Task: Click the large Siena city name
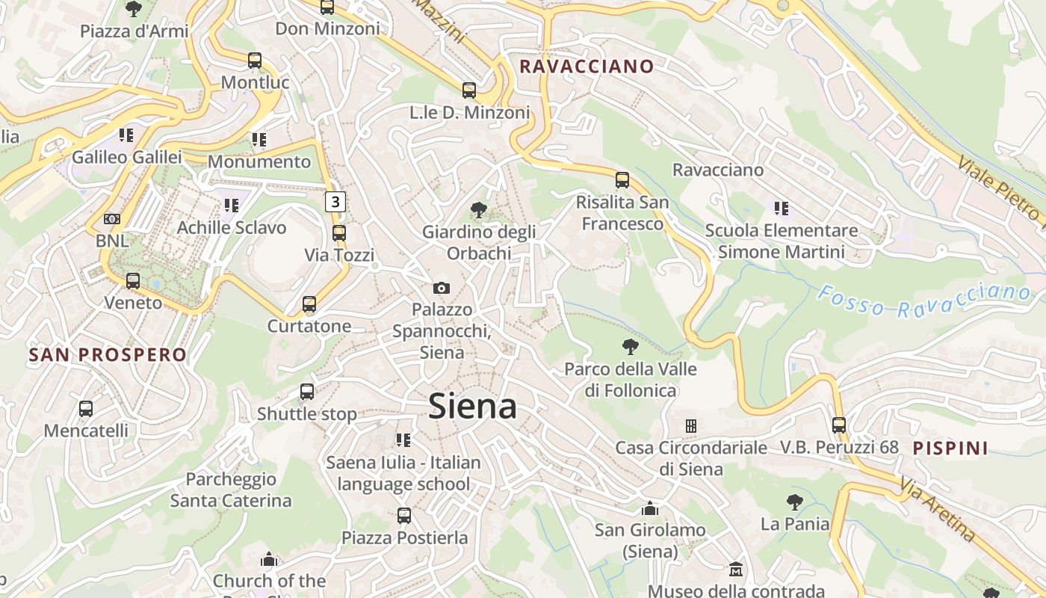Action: pyautogui.click(x=472, y=406)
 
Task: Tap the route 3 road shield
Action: pyautogui.click(x=335, y=201)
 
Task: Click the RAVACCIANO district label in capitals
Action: pyautogui.click(x=587, y=66)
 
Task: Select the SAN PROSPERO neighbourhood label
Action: pyautogui.click(x=108, y=354)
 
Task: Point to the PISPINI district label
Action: pyautogui.click(x=950, y=448)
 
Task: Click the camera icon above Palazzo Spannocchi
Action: pyautogui.click(x=442, y=288)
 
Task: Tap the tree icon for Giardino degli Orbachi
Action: pyautogui.click(x=478, y=210)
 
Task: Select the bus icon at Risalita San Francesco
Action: pyautogui.click(x=622, y=180)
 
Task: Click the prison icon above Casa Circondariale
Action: pyautogui.click(x=691, y=426)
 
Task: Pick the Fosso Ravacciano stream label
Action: pyautogui.click(x=924, y=300)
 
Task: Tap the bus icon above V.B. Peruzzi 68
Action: pyautogui.click(x=839, y=425)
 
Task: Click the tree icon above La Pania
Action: pyautogui.click(x=794, y=502)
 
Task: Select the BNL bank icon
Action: pyautogui.click(x=112, y=219)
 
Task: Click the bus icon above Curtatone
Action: pyautogui.click(x=309, y=304)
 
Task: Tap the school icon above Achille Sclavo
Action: pyautogui.click(x=231, y=206)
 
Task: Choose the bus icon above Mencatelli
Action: pyautogui.click(x=86, y=409)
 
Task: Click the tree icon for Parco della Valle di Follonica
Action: pyautogui.click(x=631, y=347)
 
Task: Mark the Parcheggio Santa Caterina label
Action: pyautogui.click(x=231, y=490)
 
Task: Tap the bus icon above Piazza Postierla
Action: pyautogui.click(x=404, y=515)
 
